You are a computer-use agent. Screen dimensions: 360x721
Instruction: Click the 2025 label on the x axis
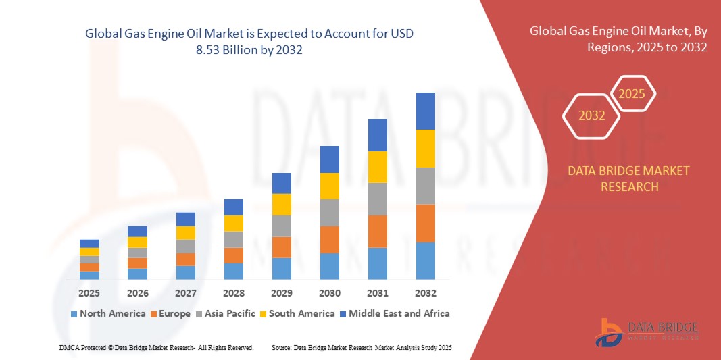[x=89, y=293]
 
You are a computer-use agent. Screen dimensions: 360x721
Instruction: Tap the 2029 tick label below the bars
[x=281, y=293]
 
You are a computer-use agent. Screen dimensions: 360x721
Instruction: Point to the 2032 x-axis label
[x=425, y=293]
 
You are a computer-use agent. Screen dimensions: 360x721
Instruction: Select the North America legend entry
[x=107, y=313]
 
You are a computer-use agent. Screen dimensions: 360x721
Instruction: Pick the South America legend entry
[x=297, y=313]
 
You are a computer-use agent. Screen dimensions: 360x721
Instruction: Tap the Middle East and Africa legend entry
[x=395, y=313]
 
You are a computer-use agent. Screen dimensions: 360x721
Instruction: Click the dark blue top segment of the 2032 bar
[x=425, y=111]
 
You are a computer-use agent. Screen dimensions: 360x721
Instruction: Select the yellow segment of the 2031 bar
[x=377, y=167]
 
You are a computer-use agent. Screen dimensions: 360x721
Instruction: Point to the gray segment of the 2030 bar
[x=329, y=212]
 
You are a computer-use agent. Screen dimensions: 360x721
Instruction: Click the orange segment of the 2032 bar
[x=425, y=223]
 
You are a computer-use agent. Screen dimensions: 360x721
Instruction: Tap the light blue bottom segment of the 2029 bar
[x=281, y=268]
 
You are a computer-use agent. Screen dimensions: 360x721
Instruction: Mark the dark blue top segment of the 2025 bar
[x=89, y=243]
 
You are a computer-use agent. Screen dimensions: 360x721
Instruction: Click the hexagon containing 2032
[x=591, y=115]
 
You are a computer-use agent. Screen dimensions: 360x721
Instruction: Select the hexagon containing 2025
[x=632, y=94]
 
